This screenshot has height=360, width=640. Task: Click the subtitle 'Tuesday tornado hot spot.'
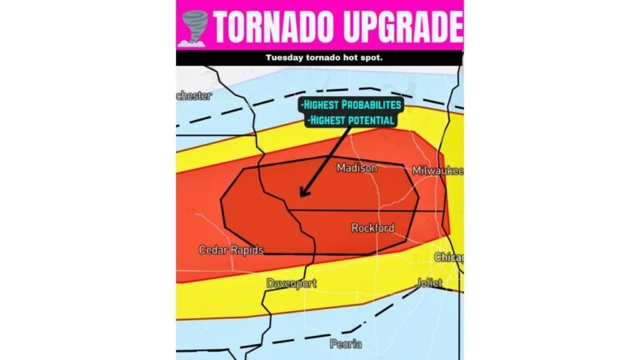[x=319, y=57]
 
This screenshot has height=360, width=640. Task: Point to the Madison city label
[x=357, y=168]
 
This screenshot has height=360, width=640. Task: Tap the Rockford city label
[x=372, y=227]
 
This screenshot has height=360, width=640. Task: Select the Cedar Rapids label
[x=231, y=250]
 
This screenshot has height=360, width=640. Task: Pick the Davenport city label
[x=291, y=284]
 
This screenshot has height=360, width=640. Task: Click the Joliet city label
[x=430, y=283]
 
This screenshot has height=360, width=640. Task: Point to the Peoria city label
[x=347, y=343]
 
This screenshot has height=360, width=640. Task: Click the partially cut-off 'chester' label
[x=193, y=96]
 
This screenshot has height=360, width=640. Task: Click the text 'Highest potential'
[x=351, y=121]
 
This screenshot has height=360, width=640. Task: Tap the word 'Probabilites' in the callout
[x=372, y=105]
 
